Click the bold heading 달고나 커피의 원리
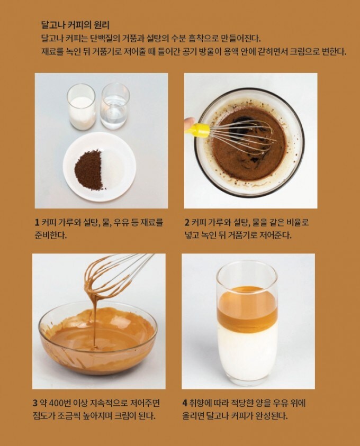[x=75, y=25]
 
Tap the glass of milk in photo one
[x=81, y=107]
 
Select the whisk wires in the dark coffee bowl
[x=244, y=135]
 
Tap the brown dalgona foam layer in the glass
[x=247, y=307]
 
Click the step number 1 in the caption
[x=37, y=222]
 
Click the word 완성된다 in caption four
[x=272, y=416]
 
